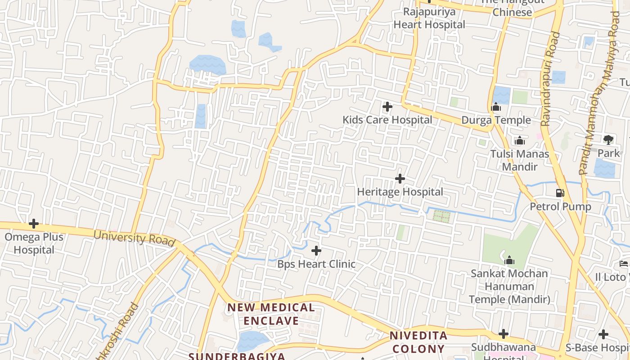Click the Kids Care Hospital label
click(387, 120)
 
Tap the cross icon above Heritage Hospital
click(400, 179)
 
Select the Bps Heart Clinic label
click(316, 264)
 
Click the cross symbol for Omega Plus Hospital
click(34, 224)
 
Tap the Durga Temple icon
click(496, 107)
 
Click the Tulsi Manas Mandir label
click(520, 160)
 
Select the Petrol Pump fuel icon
click(560, 193)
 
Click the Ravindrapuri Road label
click(550, 79)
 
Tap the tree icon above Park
click(608, 139)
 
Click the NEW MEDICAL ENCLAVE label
click(271, 314)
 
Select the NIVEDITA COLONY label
click(418, 342)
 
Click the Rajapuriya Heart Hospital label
click(429, 18)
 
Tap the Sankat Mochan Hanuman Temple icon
click(509, 261)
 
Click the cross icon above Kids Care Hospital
click(387, 107)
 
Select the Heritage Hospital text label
click(400, 192)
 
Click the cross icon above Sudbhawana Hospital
click(504, 334)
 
